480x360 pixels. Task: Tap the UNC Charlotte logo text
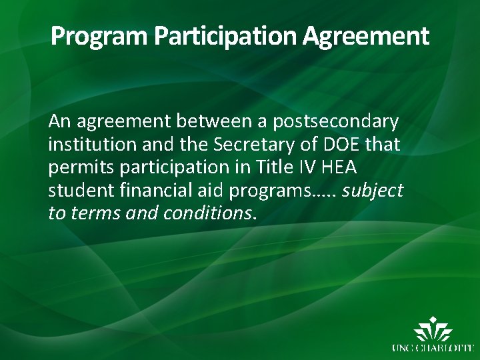point(432,347)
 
